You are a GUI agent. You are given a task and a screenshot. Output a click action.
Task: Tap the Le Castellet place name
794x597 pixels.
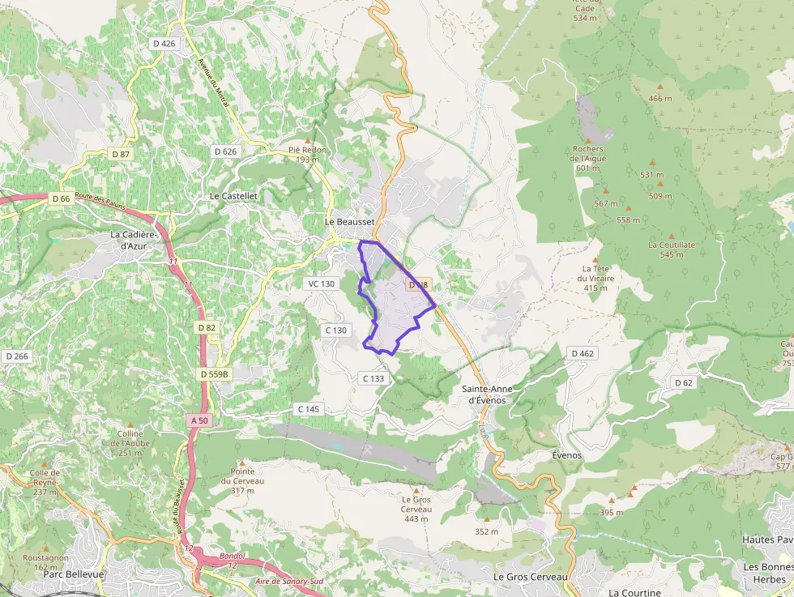[x=233, y=196]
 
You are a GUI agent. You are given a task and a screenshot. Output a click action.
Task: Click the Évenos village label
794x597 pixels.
[x=566, y=455]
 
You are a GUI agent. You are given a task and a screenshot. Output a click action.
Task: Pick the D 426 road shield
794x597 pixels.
[x=164, y=43]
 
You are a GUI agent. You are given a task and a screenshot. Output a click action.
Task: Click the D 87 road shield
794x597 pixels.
[x=121, y=154]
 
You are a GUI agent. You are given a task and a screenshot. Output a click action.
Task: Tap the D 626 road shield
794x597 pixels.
[x=226, y=151]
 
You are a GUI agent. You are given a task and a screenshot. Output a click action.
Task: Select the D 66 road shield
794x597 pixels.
[x=61, y=198]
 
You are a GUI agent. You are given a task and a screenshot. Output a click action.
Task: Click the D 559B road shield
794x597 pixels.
[x=216, y=374]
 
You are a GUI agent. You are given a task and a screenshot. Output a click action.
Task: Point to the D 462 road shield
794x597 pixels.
[x=582, y=353]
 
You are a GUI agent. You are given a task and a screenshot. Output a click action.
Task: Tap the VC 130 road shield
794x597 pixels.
[x=321, y=284]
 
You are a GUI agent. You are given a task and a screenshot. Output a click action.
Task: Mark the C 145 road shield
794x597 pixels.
[x=309, y=409]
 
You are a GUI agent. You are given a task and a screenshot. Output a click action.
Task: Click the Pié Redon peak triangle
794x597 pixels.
[x=308, y=140]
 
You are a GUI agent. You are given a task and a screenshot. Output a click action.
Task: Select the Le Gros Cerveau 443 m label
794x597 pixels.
[x=416, y=509]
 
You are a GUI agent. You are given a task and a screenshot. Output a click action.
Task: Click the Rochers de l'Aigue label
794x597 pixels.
[x=587, y=158]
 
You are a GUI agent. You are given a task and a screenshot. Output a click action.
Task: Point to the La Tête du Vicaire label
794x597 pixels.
[x=595, y=278]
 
